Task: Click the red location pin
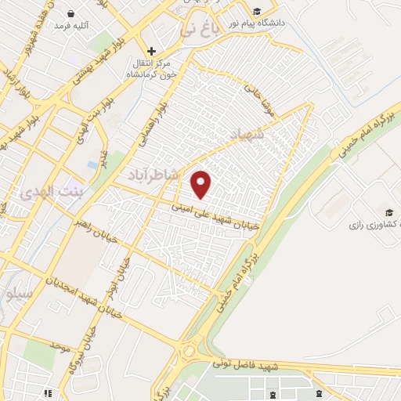(x=201, y=184)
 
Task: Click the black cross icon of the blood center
(x=151, y=51)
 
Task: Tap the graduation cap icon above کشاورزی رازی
(x=388, y=212)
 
